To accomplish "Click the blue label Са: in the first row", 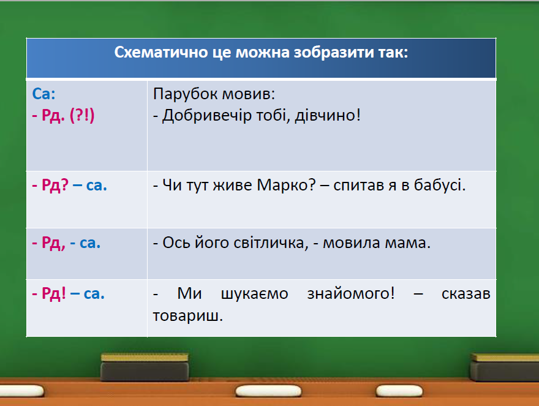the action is (43, 94).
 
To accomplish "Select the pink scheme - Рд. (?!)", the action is (63, 115).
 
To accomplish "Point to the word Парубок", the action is (186, 94).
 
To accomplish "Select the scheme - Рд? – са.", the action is (69, 186).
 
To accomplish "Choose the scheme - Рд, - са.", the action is (66, 243).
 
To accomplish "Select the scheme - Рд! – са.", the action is (68, 293).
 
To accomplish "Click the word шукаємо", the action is (254, 294).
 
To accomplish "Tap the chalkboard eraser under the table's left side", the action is (145, 366).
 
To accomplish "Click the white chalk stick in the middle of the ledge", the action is (268, 391).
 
